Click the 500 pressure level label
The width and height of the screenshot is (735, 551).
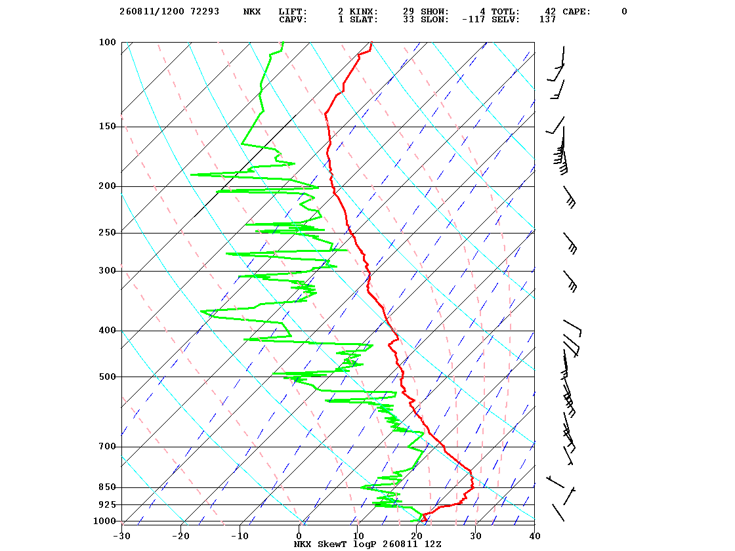click(107, 377)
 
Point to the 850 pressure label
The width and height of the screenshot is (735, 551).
click(107, 487)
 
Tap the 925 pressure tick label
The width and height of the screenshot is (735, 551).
click(107, 504)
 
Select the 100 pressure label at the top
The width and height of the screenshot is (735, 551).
click(107, 42)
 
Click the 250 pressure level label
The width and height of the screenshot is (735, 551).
click(107, 233)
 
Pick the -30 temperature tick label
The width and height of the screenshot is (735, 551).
click(121, 536)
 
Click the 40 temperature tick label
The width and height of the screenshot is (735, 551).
click(534, 536)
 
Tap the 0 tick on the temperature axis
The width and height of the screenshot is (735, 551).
click(299, 536)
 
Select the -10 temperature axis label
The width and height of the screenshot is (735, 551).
click(240, 536)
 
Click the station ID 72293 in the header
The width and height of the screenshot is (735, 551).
click(205, 11)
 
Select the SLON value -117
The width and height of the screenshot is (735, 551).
click(473, 19)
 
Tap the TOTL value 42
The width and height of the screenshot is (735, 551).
click(551, 11)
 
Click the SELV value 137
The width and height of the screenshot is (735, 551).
click(547, 19)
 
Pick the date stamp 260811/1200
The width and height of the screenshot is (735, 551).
click(152, 11)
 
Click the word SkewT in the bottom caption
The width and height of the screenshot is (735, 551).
click(332, 544)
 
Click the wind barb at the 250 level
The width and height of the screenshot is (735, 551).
click(570, 243)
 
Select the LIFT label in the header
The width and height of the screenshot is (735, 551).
click(293, 11)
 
